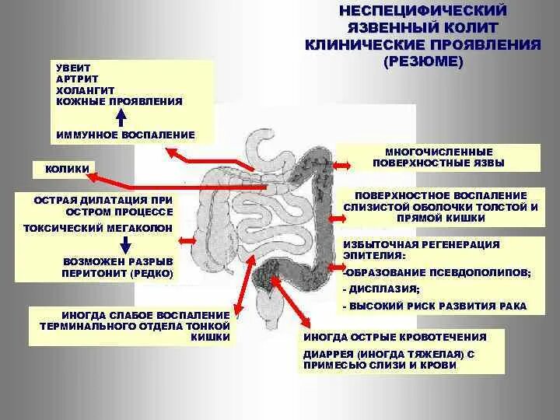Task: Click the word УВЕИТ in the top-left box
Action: pyautogui.click(x=71, y=68)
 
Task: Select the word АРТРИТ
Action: pyautogui.click(x=75, y=79)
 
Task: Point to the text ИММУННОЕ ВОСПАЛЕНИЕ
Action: pyautogui.click(x=125, y=135)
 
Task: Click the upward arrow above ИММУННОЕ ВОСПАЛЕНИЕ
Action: pyautogui.click(x=121, y=117)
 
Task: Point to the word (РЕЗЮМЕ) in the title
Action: pyautogui.click(x=423, y=61)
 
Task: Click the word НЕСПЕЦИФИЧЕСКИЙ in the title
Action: pyautogui.click(x=423, y=11)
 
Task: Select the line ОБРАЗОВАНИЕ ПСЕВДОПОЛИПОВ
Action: pyautogui.click(x=438, y=272)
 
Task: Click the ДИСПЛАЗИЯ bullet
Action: pyautogui.click(x=372, y=289)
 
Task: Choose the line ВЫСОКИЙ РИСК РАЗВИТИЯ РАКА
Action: pyautogui.click(x=436, y=306)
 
